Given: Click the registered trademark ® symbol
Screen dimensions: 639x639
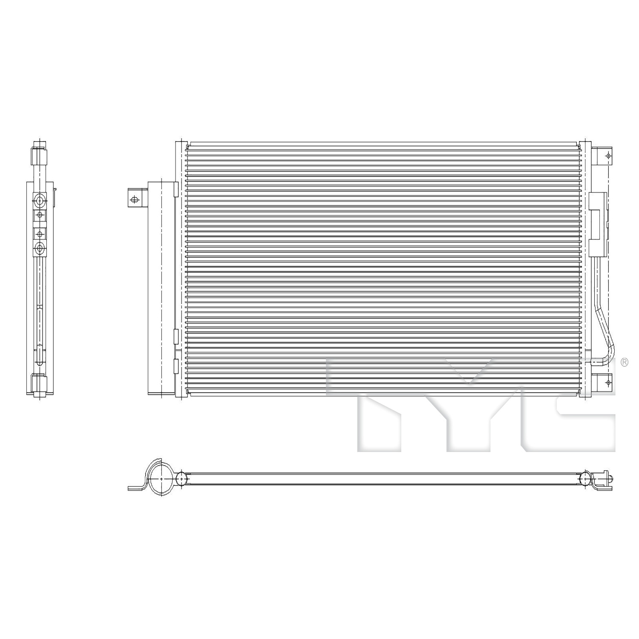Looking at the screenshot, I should [x=625, y=362].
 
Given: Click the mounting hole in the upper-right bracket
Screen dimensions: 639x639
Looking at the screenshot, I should [x=608, y=156].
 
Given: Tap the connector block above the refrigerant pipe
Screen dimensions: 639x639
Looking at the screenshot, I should [x=598, y=225].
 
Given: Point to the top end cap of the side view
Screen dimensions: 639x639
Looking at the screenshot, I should [x=39, y=156].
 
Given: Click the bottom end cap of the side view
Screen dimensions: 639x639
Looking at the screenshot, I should [x=39, y=382].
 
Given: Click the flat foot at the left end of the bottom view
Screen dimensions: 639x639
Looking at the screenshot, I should [x=135, y=488].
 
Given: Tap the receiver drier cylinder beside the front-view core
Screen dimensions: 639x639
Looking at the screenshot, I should [x=161, y=288].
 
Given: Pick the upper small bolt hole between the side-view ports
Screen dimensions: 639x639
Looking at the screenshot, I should [x=40, y=214].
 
